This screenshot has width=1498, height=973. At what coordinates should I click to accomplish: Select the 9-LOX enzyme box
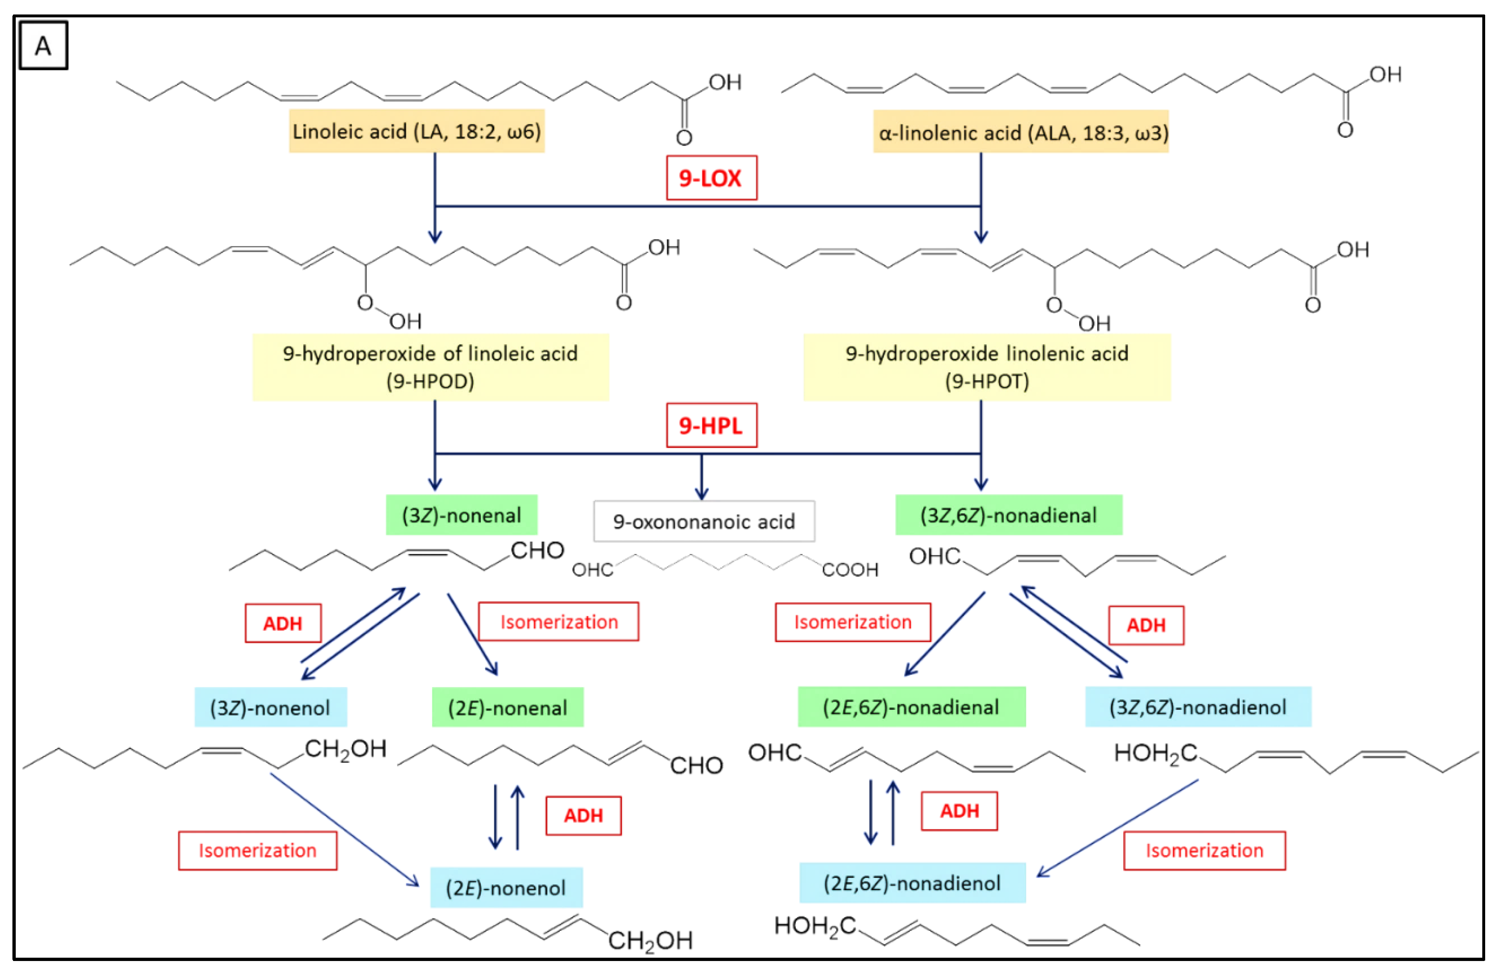(x=711, y=178)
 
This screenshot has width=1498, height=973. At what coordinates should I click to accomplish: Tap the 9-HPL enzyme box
(x=711, y=426)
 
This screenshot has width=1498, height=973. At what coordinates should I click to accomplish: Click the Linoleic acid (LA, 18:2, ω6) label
(x=417, y=132)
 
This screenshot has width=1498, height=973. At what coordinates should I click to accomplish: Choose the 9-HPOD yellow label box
(x=431, y=367)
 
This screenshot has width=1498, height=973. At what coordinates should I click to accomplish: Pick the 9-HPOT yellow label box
(x=986, y=367)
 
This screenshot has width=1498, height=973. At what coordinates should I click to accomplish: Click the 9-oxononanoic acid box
(x=704, y=521)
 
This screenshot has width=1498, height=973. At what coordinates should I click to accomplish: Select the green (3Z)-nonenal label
(x=461, y=515)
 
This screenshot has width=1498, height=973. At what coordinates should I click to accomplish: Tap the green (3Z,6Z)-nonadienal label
(x=1008, y=515)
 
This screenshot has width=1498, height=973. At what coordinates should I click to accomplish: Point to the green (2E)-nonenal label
(x=507, y=707)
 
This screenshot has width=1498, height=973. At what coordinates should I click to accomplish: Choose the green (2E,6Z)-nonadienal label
(x=911, y=707)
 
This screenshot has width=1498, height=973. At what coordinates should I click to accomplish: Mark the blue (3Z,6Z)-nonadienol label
(x=1198, y=707)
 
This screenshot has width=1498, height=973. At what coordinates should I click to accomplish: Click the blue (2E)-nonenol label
(x=506, y=887)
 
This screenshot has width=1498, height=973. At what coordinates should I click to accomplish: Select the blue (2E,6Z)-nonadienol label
(x=912, y=883)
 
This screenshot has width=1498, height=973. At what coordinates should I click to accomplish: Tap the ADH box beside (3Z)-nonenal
(x=283, y=623)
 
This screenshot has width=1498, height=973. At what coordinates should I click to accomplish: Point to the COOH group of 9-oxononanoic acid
(x=850, y=570)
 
